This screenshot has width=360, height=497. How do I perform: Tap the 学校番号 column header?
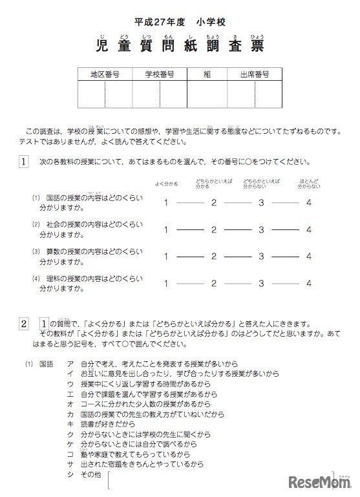coord(160,74)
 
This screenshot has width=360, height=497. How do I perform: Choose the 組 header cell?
coord(207,74)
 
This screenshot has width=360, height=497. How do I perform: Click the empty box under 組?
coord(207,94)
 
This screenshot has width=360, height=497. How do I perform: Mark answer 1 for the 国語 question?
coord(166,203)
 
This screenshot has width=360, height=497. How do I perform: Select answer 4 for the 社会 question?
coord(309,229)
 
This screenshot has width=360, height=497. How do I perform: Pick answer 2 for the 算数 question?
coord(213,256)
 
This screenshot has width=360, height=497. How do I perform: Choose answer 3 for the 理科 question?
coord(261,282)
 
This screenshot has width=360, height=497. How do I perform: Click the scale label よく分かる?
coord(166,184)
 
